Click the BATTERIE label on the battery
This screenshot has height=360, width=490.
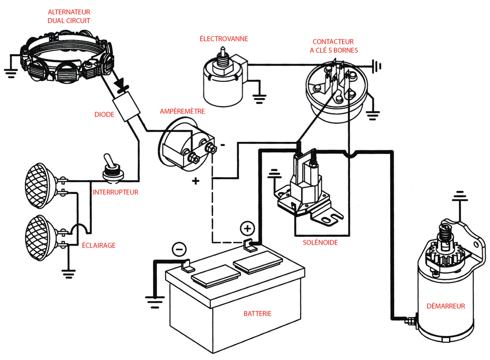tap(257, 313)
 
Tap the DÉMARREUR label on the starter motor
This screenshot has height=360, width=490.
tap(445, 306)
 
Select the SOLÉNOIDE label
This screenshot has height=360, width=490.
tap(320, 243)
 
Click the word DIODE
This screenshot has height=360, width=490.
tap(104, 114)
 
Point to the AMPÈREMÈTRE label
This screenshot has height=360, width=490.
tap(183, 111)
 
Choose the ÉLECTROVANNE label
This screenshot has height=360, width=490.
tap(224, 39)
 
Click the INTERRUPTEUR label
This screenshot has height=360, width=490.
tap(115, 192)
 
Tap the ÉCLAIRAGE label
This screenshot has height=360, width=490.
tap(99, 245)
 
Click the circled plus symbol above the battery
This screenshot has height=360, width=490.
tap(247, 229)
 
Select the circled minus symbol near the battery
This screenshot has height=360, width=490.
tap(179, 248)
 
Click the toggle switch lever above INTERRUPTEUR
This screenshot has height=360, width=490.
tap(108, 162)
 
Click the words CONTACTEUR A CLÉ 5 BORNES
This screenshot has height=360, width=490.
tap(333, 46)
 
